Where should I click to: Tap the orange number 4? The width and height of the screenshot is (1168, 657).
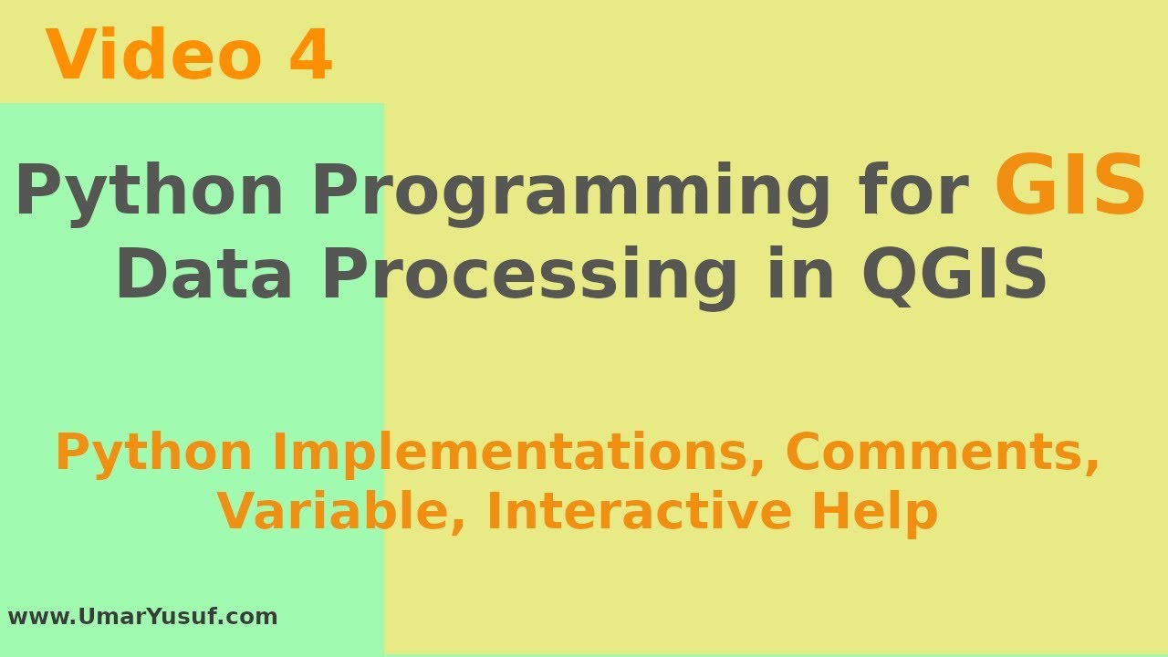pyautogui.click(x=310, y=57)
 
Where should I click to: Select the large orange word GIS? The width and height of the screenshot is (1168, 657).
pyautogui.click(x=1069, y=187)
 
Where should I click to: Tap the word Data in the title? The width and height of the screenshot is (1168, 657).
pyautogui.click(x=203, y=276)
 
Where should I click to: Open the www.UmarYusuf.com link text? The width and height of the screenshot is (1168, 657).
pyautogui.click(x=142, y=617)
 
